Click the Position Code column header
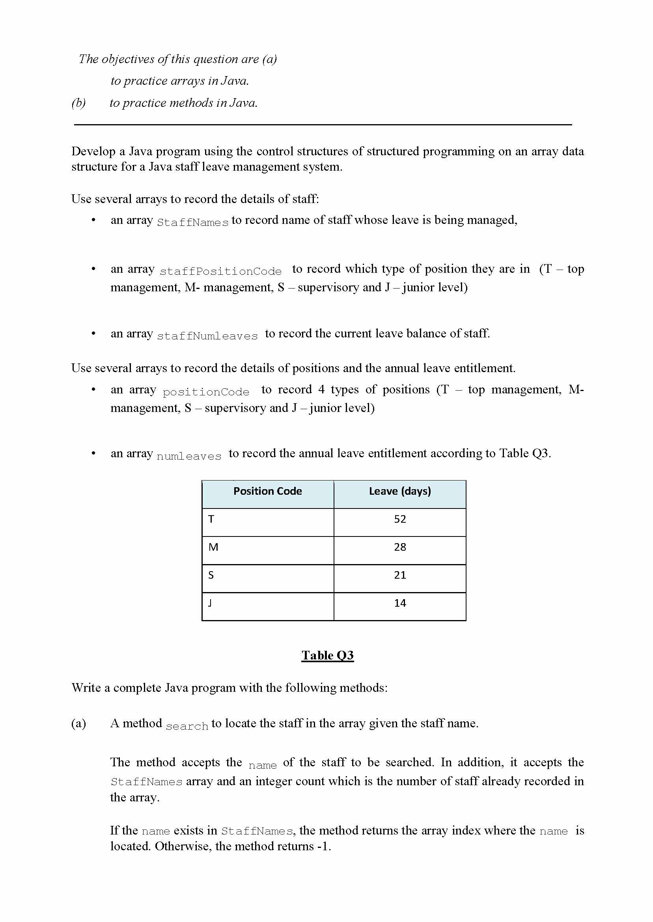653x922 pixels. pos(267,491)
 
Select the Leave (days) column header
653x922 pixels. pos(400,491)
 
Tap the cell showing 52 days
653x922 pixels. pos(400,519)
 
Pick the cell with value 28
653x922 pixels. pos(400,547)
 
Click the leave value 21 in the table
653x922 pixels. pos(400,575)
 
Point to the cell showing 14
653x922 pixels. pos(400,603)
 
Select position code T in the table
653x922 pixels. pos(211,519)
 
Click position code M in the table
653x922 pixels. pos(213,547)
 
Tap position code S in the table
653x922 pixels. pos(211,575)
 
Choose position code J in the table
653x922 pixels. pos(210,603)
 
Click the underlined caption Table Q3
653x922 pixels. pos(327,656)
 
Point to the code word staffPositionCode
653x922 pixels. pos(220,272)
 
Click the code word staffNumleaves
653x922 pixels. pos(207,336)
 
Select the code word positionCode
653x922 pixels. pos(206,392)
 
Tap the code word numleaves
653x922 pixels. pos(188,456)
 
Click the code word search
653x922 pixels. pos(187,726)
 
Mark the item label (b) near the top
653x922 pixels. pos(78,103)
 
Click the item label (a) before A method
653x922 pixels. pos(78,723)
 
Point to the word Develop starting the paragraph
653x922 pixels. pos(94,151)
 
